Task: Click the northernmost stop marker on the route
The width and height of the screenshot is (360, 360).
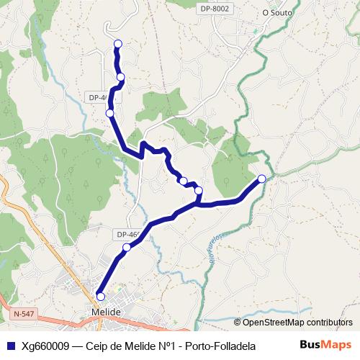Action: pos(117,44)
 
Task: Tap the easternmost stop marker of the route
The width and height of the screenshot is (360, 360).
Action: pos(261,179)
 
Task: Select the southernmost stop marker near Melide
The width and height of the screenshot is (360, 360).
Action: pos(100,296)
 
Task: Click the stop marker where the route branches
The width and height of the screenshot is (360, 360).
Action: pos(199,191)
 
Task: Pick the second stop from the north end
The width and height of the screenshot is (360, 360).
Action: pos(121,76)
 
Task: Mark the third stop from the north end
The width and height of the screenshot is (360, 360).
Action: pos(109,113)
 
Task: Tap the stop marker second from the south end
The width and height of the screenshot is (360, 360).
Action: pos(127,248)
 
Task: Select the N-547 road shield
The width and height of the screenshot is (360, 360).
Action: pos(24,315)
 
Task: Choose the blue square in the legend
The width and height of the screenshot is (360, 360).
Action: pos(9,346)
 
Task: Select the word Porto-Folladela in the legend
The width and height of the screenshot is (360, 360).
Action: pos(220,346)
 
